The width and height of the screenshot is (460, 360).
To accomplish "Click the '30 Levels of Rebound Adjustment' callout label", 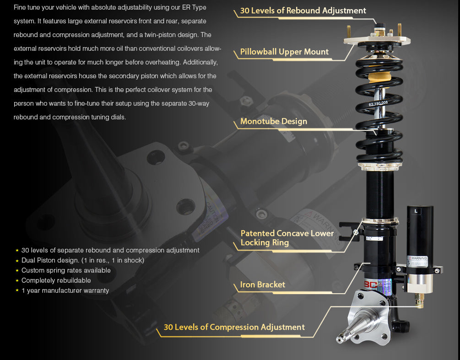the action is (x=303, y=11).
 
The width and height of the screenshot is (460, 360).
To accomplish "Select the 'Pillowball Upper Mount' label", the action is (x=284, y=52).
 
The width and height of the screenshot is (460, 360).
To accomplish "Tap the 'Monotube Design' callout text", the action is (x=274, y=121).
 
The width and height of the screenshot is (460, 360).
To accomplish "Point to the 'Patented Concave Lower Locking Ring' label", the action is (x=287, y=238).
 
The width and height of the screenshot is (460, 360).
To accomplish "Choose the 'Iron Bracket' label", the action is (x=263, y=285).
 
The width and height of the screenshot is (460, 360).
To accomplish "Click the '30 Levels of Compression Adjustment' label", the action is (x=234, y=327).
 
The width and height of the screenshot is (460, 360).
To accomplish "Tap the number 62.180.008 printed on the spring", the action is (x=378, y=103).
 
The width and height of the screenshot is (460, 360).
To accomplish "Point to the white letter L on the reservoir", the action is (x=416, y=211).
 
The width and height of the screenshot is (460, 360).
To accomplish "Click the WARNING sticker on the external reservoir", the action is (x=418, y=261).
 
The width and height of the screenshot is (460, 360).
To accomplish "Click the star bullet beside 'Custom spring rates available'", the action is (x=17, y=271).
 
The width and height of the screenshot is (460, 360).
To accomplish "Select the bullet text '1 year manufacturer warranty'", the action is (x=65, y=290).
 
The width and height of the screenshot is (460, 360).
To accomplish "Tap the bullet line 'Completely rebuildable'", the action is (x=56, y=280).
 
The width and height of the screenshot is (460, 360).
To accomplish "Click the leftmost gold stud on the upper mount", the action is (x=349, y=32).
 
